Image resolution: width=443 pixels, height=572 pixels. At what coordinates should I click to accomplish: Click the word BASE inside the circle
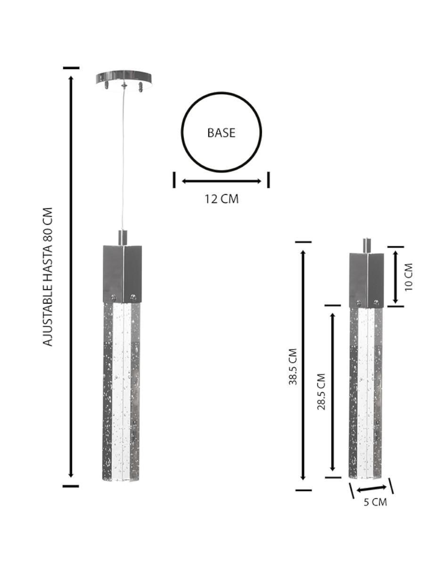(221, 133)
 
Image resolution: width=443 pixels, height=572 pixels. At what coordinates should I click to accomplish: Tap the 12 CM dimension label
(221, 199)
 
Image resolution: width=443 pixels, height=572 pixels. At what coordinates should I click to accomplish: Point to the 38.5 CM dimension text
(293, 366)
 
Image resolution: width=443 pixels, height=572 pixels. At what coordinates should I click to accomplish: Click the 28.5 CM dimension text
(321, 391)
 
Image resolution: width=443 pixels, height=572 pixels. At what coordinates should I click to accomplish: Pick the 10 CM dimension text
(409, 277)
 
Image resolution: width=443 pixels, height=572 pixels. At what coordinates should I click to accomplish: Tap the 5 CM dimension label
(375, 502)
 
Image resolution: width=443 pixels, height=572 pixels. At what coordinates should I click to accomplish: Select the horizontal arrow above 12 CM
(221, 181)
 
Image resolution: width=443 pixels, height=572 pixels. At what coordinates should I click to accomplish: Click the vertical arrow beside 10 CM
(395, 277)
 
